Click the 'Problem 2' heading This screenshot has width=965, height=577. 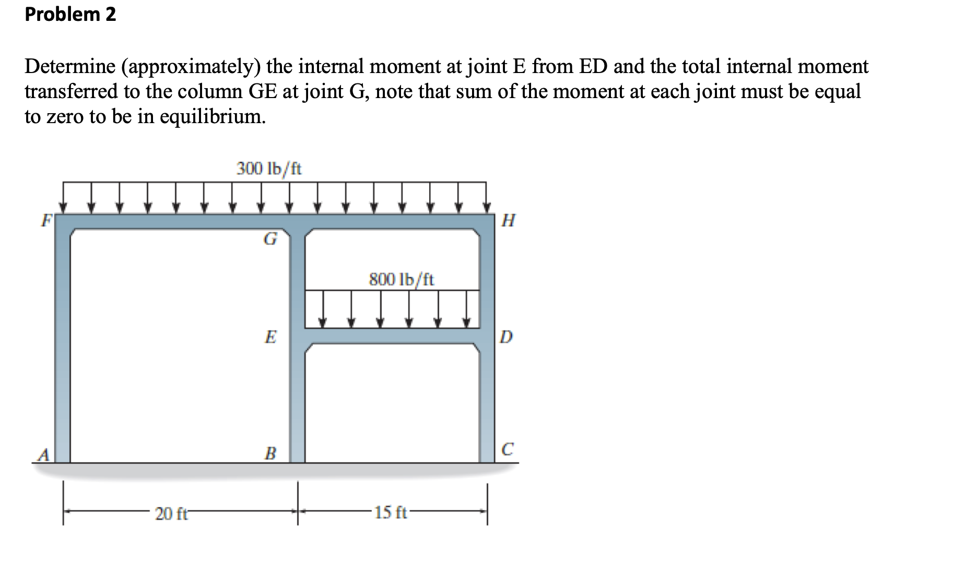tap(70, 14)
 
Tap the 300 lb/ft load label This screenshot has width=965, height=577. tap(269, 169)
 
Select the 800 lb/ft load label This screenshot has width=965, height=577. tap(401, 280)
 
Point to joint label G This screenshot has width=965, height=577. tap(270, 239)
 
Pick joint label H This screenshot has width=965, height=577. tap(508, 221)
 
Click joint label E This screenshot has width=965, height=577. tap(270, 336)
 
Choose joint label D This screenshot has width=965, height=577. tap(506, 337)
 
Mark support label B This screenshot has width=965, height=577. tap(270, 453)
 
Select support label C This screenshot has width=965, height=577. tap(507, 449)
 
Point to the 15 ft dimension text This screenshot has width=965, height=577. tap(391, 512)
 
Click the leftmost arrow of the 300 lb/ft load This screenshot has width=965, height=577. tap(64, 199)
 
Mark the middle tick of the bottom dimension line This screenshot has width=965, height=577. tap(298, 503)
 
